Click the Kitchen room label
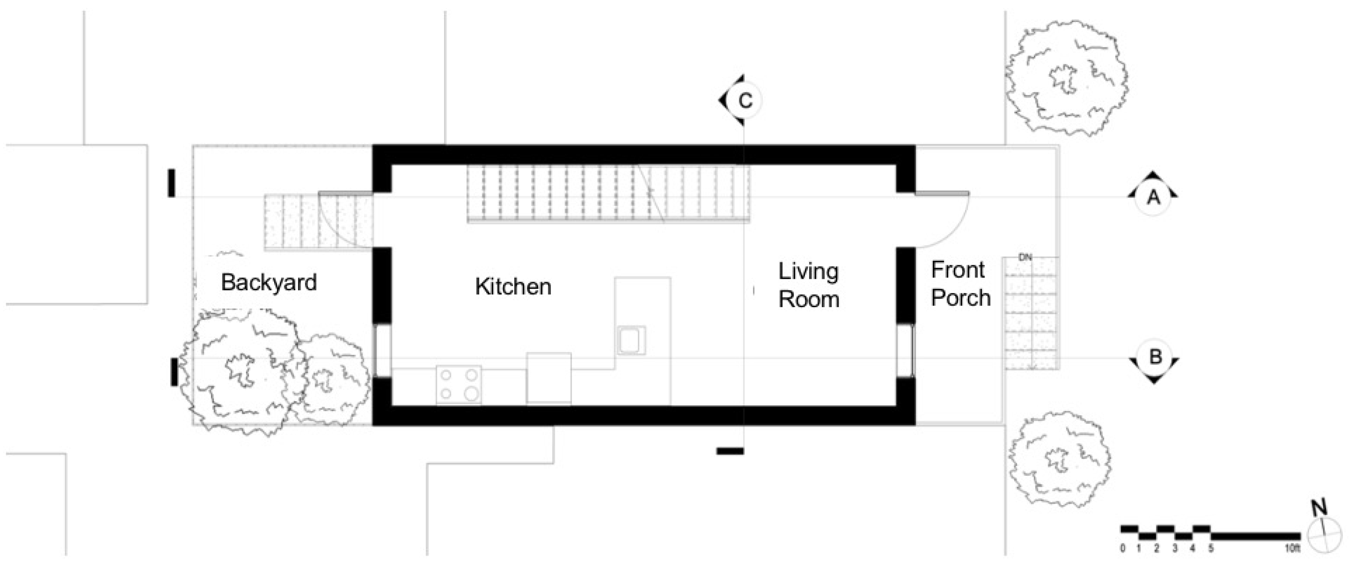tap(513, 287)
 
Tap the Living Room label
tap(809, 285)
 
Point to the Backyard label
tap(269, 283)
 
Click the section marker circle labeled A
tap(1154, 198)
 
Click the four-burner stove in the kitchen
tap(458, 385)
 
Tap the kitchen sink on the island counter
tap(631, 340)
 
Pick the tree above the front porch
tap(1066, 78)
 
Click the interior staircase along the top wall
tap(608, 194)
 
